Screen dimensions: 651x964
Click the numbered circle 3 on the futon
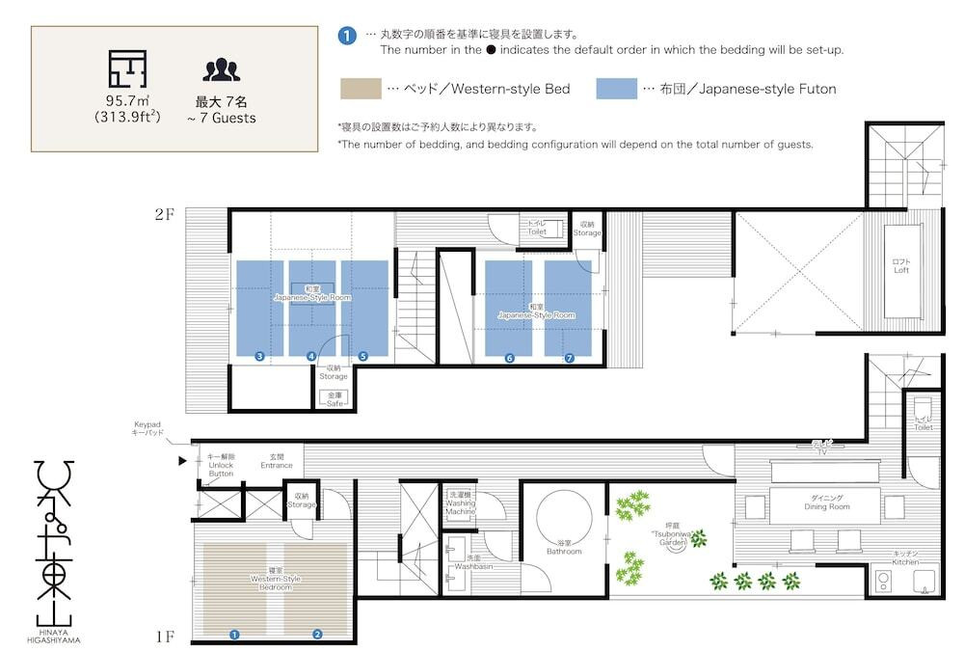[260, 356]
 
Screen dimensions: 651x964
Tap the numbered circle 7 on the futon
[570, 358]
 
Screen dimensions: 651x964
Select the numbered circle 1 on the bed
[233, 634]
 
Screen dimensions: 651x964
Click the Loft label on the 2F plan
[901, 266]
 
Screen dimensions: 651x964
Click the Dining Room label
[826, 502]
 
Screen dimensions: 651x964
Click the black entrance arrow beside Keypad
[182, 461]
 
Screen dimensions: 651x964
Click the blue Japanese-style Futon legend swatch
[617, 89]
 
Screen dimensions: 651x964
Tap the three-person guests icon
[221, 70]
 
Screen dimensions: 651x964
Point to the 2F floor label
[165, 214]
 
